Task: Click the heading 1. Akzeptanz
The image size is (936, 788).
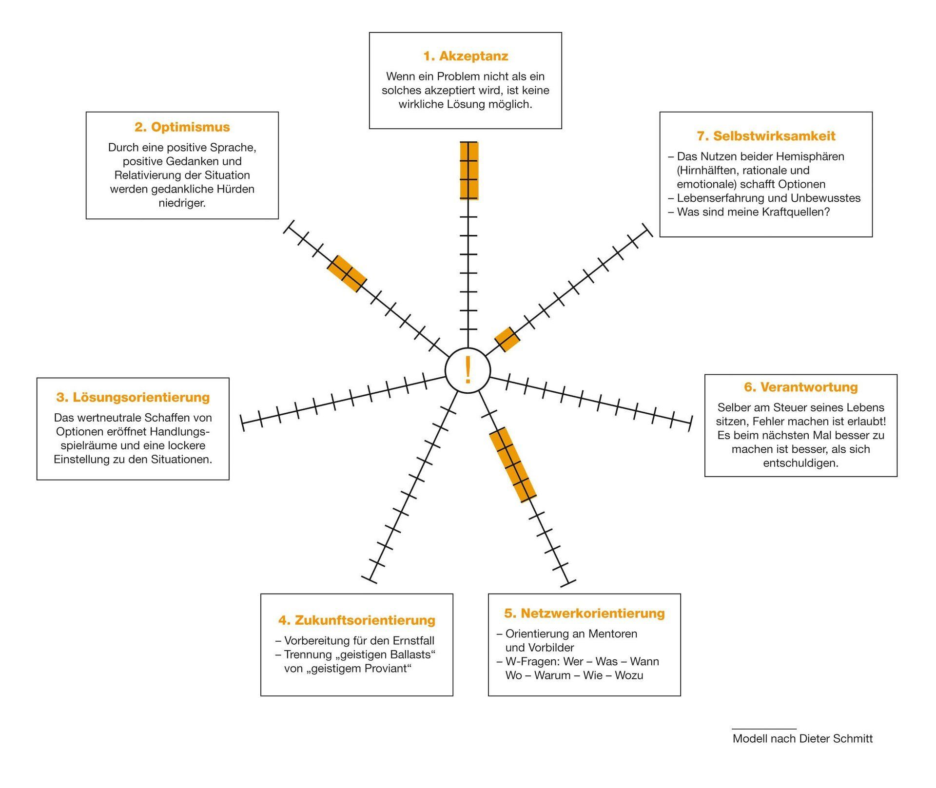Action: [x=466, y=56]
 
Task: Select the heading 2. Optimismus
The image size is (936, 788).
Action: [x=182, y=127]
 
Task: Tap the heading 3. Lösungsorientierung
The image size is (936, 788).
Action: [x=133, y=397]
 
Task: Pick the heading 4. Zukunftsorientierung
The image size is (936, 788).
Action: [x=356, y=620]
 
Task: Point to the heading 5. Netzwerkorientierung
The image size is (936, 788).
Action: [x=584, y=613]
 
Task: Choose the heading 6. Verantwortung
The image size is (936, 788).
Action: [x=800, y=387]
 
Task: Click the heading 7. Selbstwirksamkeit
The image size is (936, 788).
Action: [x=766, y=136]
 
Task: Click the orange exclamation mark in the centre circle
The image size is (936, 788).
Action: [x=468, y=370]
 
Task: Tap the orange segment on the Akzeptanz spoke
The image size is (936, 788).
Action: [x=468, y=171]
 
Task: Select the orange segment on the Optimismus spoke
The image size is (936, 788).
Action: [x=347, y=274]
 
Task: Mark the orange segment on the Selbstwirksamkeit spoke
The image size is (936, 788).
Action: [x=507, y=339]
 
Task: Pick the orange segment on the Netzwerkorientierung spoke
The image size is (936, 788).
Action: [x=513, y=464]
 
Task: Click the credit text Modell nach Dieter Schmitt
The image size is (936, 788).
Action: [x=802, y=738]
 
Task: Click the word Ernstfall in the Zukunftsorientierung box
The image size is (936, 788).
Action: [x=413, y=640]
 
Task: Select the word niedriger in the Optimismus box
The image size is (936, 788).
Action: [x=182, y=203]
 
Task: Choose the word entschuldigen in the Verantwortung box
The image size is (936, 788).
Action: [x=800, y=463]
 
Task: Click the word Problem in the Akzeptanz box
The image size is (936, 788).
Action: [x=458, y=77]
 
